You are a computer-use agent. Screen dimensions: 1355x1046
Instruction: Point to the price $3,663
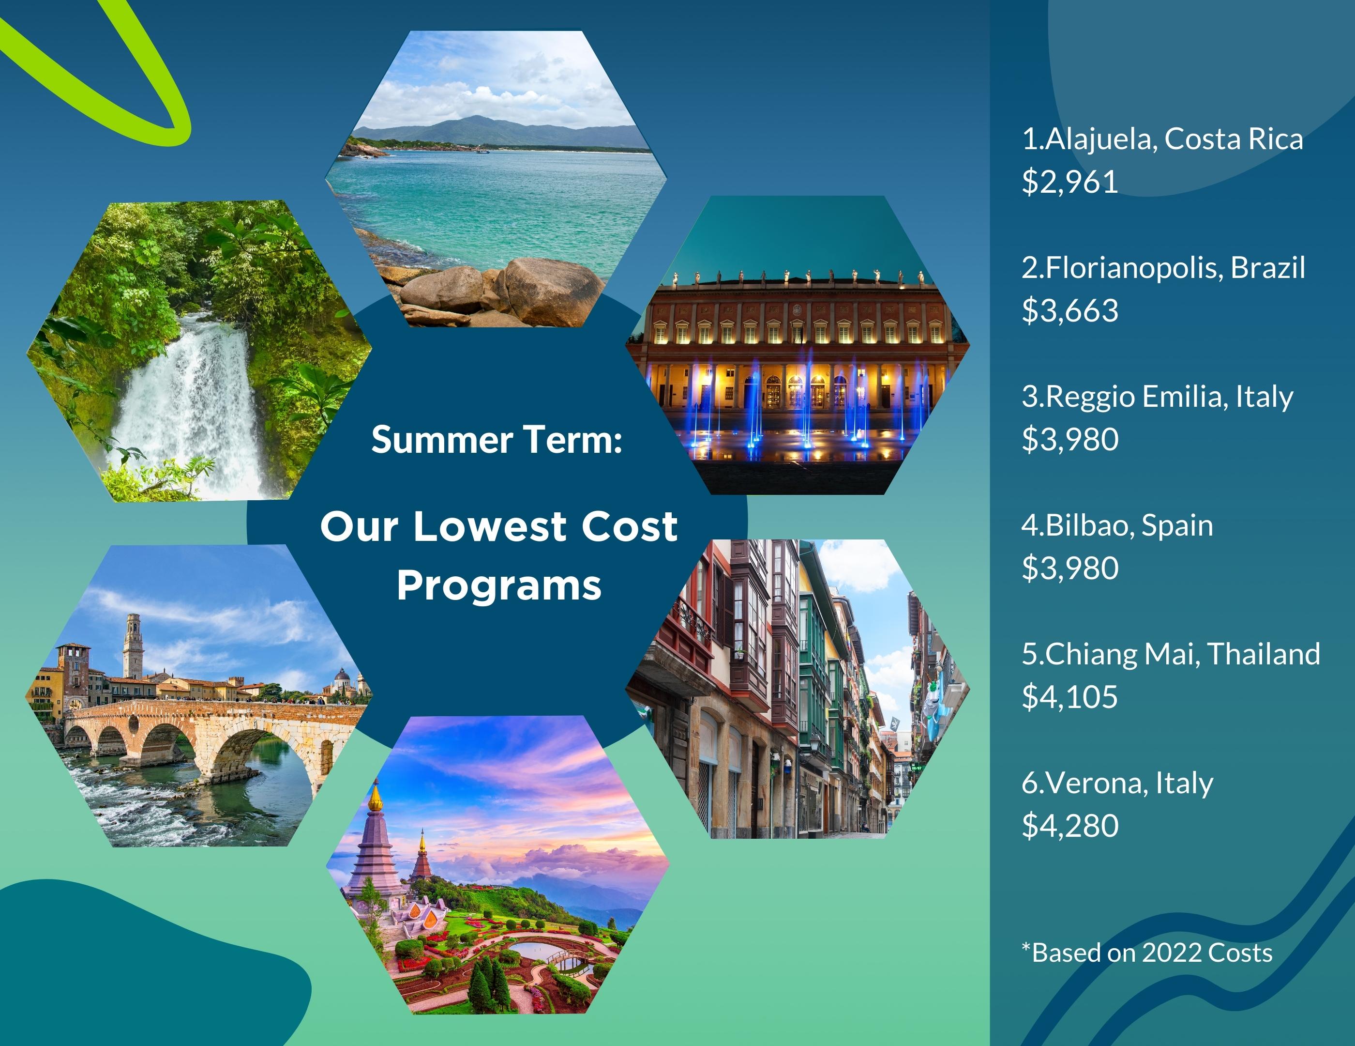point(1069,310)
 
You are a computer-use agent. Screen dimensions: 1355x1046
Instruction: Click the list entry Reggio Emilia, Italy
point(1157,397)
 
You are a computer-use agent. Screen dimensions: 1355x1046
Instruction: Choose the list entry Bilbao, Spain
point(1117,526)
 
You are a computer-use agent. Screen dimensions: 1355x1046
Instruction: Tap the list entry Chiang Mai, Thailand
point(1171,654)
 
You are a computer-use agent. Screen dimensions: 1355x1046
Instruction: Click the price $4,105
point(1069,696)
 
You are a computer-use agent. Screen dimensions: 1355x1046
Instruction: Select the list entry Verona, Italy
point(1117,784)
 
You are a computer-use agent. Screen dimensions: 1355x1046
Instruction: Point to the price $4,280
point(1069,826)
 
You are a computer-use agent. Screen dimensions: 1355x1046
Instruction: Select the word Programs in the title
point(499,586)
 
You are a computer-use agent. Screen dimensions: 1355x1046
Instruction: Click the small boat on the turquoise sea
point(482,150)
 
